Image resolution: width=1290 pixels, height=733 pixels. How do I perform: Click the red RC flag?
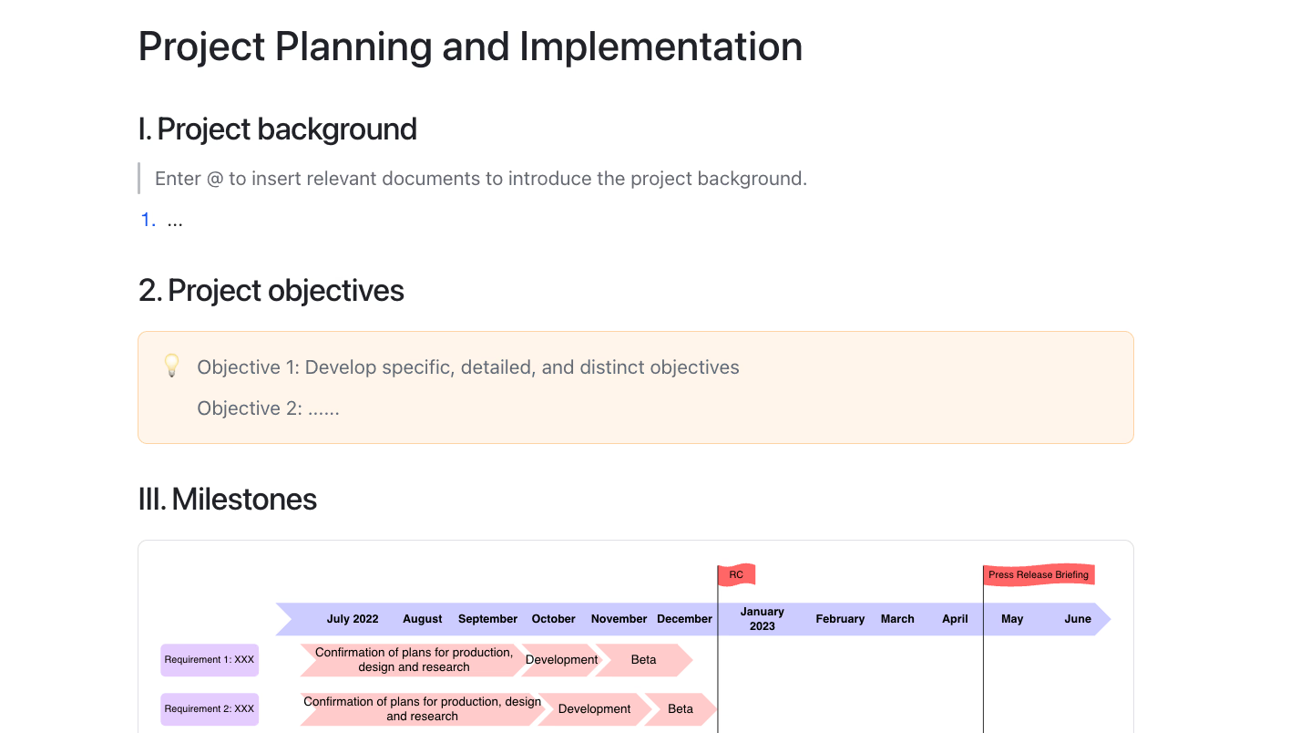coord(737,574)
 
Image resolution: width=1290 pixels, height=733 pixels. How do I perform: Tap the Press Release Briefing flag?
coord(1039,574)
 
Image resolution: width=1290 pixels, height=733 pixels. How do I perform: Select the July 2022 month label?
coord(353,619)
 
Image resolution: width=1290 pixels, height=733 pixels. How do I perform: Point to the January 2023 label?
coord(762,619)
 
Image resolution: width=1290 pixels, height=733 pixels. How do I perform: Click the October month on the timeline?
coord(553,619)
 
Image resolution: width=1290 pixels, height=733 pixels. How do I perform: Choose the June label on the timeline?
coord(1078,619)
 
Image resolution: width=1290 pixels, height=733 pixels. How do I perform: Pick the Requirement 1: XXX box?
coord(210,660)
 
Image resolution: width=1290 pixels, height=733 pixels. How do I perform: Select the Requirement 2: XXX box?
coord(210,708)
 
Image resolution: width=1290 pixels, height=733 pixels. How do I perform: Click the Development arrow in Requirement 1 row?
coord(561,660)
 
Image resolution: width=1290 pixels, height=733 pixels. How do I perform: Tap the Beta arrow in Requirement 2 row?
coord(681,708)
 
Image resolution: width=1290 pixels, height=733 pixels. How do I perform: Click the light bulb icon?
coord(171,366)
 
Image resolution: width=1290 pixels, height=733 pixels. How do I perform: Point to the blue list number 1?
coord(148,220)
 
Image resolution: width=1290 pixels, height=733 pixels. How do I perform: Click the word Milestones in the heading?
coord(244,499)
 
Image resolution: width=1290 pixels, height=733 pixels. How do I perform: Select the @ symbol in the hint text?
coord(215,179)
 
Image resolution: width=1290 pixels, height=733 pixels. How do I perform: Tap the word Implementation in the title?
coord(660,46)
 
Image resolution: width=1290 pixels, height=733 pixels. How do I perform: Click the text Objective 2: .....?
coord(250,408)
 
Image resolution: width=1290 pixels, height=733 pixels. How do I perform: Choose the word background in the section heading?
coord(337,129)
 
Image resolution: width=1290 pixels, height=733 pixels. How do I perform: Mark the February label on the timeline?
coord(840,619)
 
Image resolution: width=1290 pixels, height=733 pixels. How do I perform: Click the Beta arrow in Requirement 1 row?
coord(644,660)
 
